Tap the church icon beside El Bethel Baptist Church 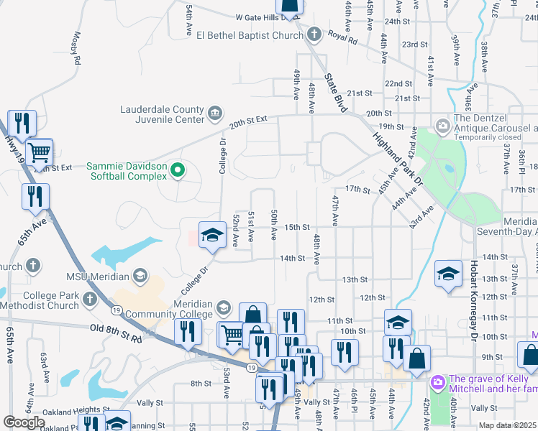(314, 34)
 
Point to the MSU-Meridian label (97, 277)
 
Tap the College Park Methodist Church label (50, 300)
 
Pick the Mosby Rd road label (76, 47)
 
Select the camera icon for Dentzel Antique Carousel (442, 126)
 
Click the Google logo (24, 422)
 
